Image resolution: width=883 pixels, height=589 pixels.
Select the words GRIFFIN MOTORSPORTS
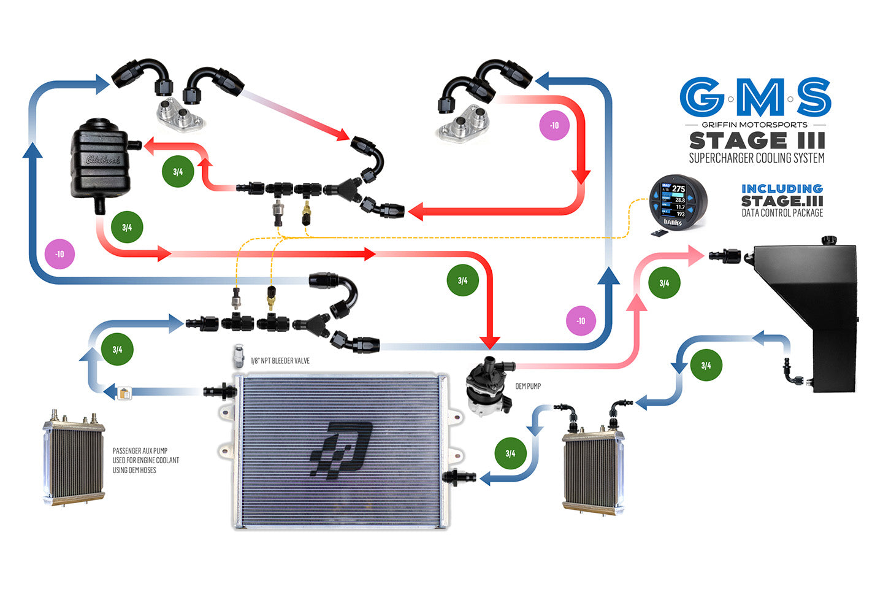755,125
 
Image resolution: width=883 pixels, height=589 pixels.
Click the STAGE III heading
757,141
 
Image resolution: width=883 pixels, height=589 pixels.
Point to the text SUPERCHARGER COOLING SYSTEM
757,158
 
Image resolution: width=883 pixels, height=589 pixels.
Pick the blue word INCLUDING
782,188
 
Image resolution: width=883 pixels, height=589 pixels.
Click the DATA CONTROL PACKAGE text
782,213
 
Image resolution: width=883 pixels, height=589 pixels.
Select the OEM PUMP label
528,387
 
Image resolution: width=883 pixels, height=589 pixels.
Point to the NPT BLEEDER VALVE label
280,361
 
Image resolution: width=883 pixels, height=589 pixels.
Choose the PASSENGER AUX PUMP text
146,460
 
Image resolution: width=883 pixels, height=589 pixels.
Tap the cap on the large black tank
829,239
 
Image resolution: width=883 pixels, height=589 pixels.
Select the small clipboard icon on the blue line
124,393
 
